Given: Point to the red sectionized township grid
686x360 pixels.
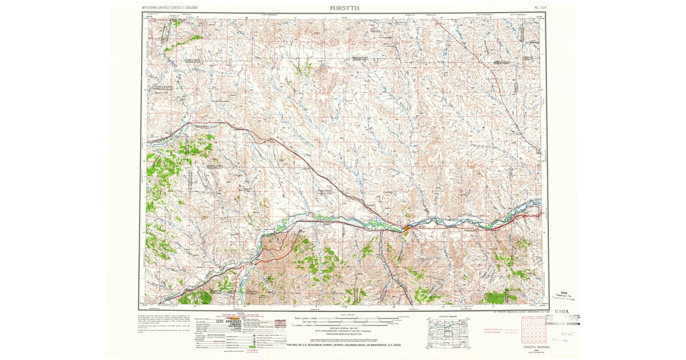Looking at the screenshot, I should click(529, 331).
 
